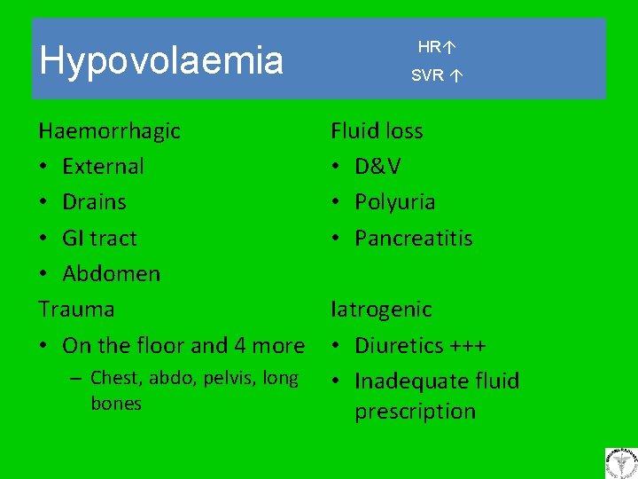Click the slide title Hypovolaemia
[161, 60]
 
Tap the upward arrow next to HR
[450, 46]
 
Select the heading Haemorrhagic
[109, 131]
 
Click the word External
[103, 167]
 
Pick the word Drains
[94, 202]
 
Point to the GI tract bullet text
[99, 238]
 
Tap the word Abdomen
[111, 273]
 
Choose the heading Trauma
[76, 310]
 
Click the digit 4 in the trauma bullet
[242, 345]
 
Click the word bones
[116, 404]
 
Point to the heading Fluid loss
[377, 131]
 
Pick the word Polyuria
[394, 202]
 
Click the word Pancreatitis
[413, 238]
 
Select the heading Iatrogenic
[381, 310]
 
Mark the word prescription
[415, 412]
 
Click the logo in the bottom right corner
[620, 463]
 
